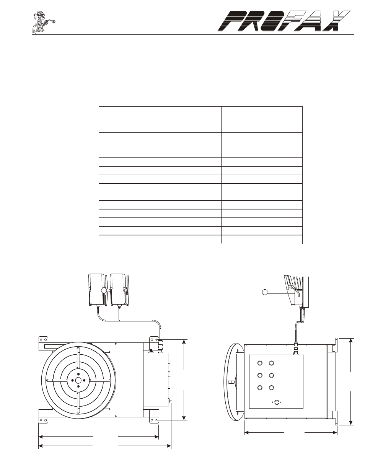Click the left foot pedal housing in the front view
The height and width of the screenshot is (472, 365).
(x=98, y=290)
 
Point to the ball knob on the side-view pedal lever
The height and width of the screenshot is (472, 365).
(x=265, y=292)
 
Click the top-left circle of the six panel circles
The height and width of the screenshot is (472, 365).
(x=259, y=363)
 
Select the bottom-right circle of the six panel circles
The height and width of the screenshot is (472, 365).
(x=271, y=388)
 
